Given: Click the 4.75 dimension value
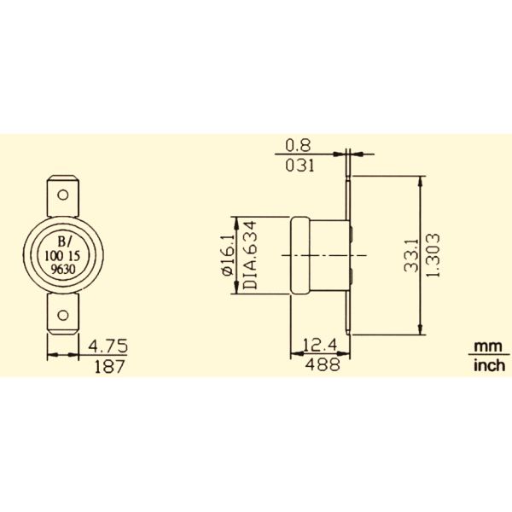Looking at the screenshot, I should click(x=108, y=346).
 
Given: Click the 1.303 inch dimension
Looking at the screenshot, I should click(x=435, y=255).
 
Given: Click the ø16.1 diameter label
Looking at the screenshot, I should click(x=227, y=254).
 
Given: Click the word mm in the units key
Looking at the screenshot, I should click(x=485, y=346).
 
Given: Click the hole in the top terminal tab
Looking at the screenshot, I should click(x=63, y=194).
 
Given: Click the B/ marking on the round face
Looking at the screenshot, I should click(x=64, y=240).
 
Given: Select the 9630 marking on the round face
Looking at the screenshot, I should click(x=64, y=266).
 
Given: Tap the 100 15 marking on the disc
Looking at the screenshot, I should click(x=64, y=253).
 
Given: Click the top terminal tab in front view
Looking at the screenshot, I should click(x=63, y=192).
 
